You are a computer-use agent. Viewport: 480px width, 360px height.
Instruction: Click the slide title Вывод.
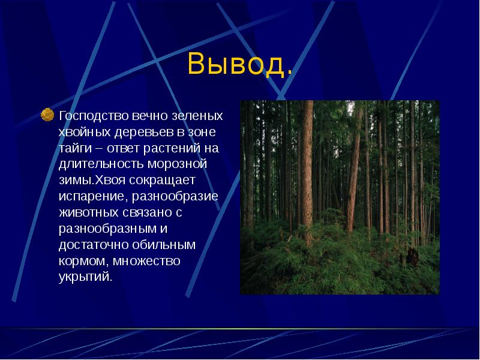coord(241,64)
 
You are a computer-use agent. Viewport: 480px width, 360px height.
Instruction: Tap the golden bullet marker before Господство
coord(47,114)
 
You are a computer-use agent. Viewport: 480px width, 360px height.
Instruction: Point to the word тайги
coord(73,148)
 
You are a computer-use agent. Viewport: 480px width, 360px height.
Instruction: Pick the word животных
coord(85,213)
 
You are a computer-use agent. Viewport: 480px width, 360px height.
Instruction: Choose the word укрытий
coord(85,278)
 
